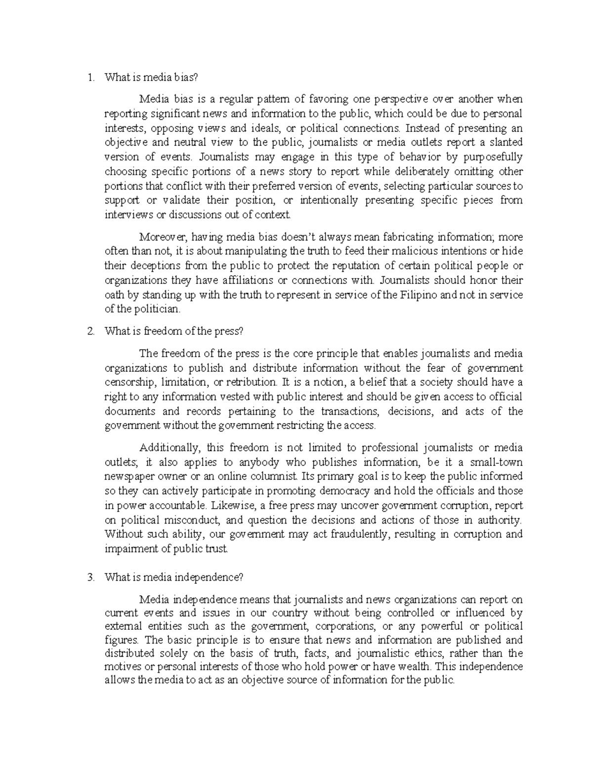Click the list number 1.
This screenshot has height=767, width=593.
click(89, 77)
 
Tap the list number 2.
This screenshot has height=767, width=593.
click(89, 331)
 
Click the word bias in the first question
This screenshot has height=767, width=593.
click(187, 77)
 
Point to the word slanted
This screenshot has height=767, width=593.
click(505, 143)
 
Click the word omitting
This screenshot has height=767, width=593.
click(472, 172)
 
